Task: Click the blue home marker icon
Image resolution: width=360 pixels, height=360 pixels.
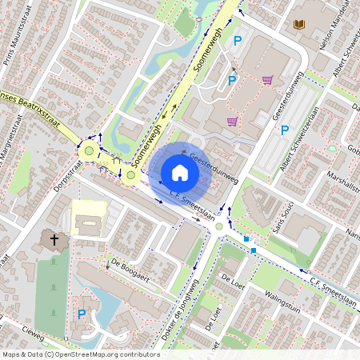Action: (x=180, y=173)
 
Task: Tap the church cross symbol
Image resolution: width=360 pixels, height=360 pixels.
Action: (x=55, y=238)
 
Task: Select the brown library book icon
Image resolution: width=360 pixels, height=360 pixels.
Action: (x=299, y=25)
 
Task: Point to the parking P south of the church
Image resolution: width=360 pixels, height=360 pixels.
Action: (x=81, y=314)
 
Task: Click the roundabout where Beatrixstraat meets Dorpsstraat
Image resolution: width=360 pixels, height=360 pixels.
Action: (x=90, y=150)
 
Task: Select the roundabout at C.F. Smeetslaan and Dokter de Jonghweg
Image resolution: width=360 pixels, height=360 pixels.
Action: (x=220, y=227)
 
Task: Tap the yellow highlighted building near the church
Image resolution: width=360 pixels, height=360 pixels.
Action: (x=88, y=218)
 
